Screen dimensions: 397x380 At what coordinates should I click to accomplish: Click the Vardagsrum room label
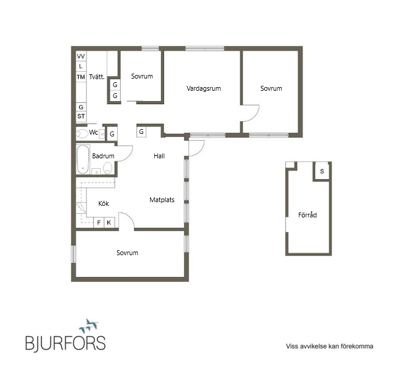tap(204, 88)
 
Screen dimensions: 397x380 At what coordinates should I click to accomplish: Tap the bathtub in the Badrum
tap(83, 160)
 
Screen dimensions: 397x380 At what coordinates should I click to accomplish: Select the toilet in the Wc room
tap(82, 133)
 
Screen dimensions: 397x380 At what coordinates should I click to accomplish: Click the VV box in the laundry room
tap(81, 56)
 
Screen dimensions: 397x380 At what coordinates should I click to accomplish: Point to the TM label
tap(80, 77)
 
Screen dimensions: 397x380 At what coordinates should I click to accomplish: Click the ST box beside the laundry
tap(81, 116)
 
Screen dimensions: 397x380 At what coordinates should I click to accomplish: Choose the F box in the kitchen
tap(99, 222)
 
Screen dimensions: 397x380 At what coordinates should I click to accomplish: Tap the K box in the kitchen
tap(109, 222)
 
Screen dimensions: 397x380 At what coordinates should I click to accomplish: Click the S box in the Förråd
tap(322, 171)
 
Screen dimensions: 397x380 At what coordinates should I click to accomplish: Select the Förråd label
tap(307, 215)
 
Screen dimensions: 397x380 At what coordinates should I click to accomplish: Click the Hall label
tap(159, 156)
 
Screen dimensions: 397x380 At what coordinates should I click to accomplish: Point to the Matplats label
tap(162, 200)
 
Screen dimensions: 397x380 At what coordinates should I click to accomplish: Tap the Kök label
tap(104, 203)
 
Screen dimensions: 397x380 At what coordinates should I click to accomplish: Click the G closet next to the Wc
tap(112, 134)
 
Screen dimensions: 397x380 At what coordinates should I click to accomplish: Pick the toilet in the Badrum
tap(107, 168)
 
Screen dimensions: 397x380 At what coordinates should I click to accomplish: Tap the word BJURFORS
tap(65, 343)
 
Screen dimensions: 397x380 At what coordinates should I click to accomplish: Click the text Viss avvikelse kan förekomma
tap(329, 346)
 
